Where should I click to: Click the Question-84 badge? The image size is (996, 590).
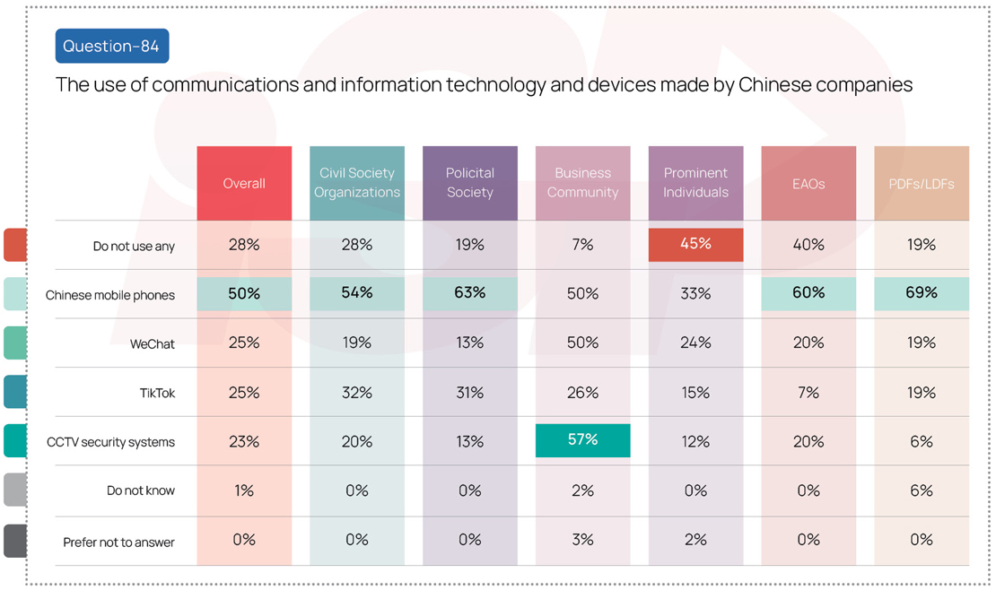[x=112, y=46]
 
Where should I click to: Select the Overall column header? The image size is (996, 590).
[x=244, y=183]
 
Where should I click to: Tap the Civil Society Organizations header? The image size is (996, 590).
[x=357, y=183]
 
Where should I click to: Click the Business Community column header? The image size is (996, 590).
[x=582, y=183]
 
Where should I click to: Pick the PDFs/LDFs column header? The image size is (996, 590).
[x=922, y=183]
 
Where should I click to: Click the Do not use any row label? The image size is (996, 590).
[x=134, y=246]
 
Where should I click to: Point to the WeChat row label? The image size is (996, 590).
[x=153, y=343]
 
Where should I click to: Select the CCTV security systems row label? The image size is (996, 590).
[x=110, y=442]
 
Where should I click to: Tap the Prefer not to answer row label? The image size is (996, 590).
[x=118, y=542]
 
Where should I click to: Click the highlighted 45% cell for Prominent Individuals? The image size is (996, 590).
[x=695, y=245]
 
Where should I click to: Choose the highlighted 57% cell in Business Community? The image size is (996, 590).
[x=582, y=440]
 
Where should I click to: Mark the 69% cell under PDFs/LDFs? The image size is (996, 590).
[x=922, y=293]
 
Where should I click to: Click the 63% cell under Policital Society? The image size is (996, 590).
[x=470, y=293]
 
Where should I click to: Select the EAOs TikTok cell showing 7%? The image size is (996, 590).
[x=808, y=392]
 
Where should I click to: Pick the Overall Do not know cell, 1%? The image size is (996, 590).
[x=244, y=490]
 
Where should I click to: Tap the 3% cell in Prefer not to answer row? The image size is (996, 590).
[x=582, y=540]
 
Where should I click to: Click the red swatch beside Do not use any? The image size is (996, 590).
[x=15, y=245]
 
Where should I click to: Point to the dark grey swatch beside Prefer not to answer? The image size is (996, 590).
[x=15, y=541]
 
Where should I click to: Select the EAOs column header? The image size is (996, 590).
[x=808, y=183]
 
